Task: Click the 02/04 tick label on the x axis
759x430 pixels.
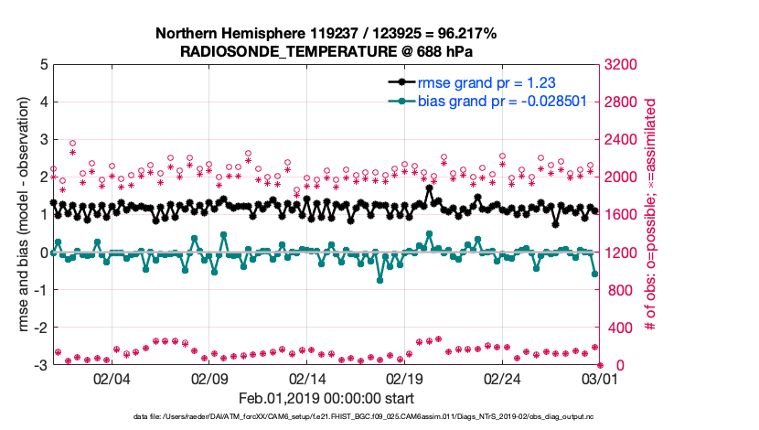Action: (112, 378)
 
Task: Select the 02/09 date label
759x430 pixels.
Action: (209, 378)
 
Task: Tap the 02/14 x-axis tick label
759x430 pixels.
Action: (307, 378)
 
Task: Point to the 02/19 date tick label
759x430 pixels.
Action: (405, 378)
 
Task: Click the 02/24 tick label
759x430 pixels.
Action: (503, 378)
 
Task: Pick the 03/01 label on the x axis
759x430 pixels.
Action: (601, 378)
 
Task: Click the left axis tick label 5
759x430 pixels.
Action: (44, 65)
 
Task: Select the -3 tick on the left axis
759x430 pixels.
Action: (42, 365)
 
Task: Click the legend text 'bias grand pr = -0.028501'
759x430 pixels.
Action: (501, 101)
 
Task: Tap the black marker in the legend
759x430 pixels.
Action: (400, 82)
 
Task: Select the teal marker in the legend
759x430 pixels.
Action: (400, 101)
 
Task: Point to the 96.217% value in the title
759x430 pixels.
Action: (465, 34)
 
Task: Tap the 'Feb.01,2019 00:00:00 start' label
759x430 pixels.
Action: (326, 398)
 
